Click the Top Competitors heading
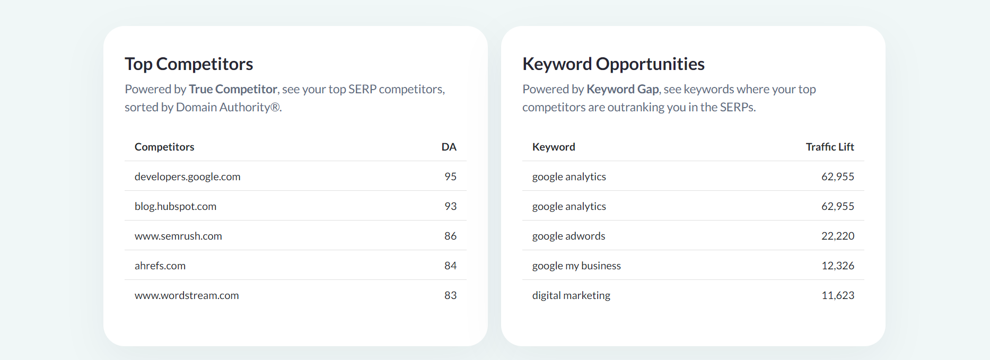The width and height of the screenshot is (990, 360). tap(189, 64)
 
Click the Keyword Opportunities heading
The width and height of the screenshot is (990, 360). tap(613, 64)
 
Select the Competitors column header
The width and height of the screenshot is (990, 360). tap(164, 147)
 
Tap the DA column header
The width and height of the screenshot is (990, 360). tap(449, 147)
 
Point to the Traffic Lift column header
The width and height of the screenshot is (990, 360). tap(829, 147)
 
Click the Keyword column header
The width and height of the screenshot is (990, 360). tap(554, 147)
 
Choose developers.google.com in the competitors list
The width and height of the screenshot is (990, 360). tap(187, 177)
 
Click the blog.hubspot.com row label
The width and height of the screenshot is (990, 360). tap(176, 206)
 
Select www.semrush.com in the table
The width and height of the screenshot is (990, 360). tap(178, 236)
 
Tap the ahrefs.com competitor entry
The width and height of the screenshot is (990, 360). tap(160, 266)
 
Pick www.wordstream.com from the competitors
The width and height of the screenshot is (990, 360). tap(187, 295)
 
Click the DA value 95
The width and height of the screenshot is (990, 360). tap(450, 177)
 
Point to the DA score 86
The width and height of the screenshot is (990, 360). tap(450, 236)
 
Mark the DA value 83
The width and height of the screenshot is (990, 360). tap(450, 295)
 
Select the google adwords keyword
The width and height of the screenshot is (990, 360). tap(568, 236)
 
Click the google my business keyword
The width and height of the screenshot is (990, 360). tap(576, 266)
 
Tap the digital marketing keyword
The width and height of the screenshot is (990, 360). tap(571, 295)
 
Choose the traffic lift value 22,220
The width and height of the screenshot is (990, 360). tap(837, 236)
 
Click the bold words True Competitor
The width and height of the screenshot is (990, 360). tap(233, 89)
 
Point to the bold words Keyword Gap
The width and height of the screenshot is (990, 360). tap(622, 89)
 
